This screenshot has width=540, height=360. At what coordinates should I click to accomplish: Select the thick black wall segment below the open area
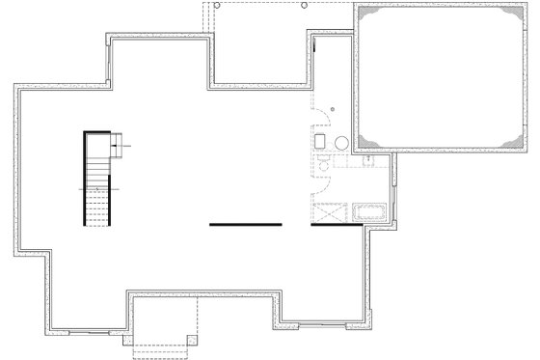[245, 225]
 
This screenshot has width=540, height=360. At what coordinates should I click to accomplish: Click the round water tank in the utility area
[339, 143]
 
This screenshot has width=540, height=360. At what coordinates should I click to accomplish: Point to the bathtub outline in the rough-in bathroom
[370, 212]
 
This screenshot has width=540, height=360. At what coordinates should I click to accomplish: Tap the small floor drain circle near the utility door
[331, 109]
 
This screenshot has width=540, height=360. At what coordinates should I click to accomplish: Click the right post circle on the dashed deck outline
[305, 4]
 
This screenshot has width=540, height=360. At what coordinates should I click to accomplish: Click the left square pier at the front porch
[135, 340]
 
